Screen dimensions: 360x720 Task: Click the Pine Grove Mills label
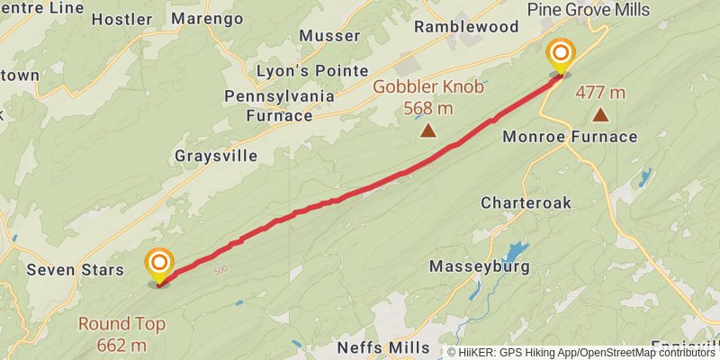click(600, 8)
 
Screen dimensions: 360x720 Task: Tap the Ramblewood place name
click(466, 27)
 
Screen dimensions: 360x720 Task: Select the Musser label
click(329, 36)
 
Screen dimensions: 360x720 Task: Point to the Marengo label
click(207, 18)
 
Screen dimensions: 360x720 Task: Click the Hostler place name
click(121, 18)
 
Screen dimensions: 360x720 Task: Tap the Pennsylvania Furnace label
click(280, 105)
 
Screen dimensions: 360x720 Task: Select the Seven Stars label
click(68, 269)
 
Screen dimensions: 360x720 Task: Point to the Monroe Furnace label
click(570, 137)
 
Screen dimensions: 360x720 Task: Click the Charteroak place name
click(526, 202)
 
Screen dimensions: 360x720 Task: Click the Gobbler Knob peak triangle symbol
click(428, 130)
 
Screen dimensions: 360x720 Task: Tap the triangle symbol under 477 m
click(600, 114)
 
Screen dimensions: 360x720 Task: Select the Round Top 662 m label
click(121, 334)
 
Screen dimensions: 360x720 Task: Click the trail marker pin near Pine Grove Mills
click(561, 54)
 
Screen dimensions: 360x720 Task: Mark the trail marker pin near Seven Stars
click(159, 264)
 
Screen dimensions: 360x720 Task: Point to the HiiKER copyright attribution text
click(581, 352)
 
